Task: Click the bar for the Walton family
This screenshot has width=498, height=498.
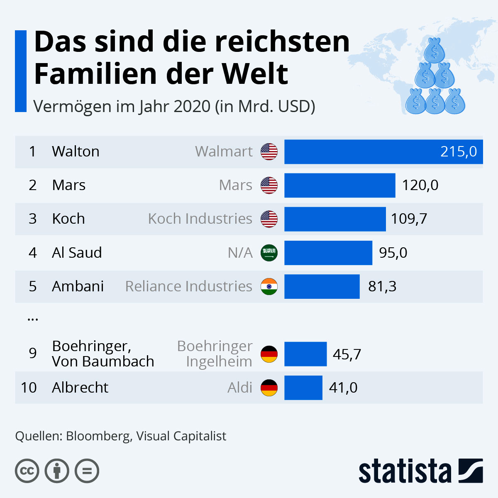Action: click(383, 152)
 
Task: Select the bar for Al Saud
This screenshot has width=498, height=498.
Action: click(328, 253)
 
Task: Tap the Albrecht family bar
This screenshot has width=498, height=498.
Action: click(303, 388)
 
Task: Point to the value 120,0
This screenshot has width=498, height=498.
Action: click(420, 185)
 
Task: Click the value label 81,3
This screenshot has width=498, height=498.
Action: click(382, 286)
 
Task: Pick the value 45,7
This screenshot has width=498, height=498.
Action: click(347, 354)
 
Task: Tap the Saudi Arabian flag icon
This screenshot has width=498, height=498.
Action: click(269, 253)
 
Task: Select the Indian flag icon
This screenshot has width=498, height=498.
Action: click(269, 286)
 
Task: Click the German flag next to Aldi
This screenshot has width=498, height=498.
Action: click(269, 388)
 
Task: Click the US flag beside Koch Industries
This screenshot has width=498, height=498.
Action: click(269, 219)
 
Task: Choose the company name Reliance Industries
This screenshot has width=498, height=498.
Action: click(189, 286)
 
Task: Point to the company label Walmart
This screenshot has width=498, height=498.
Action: click(224, 152)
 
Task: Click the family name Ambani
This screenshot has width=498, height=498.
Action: click(78, 286)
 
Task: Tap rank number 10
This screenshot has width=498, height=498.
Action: click(29, 388)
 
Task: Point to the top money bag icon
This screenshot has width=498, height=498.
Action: click(435, 51)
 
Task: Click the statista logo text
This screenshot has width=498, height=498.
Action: click(405, 471)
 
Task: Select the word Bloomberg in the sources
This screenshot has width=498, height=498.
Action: click(98, 436)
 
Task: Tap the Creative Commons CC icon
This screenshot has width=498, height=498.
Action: click(27, 471)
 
